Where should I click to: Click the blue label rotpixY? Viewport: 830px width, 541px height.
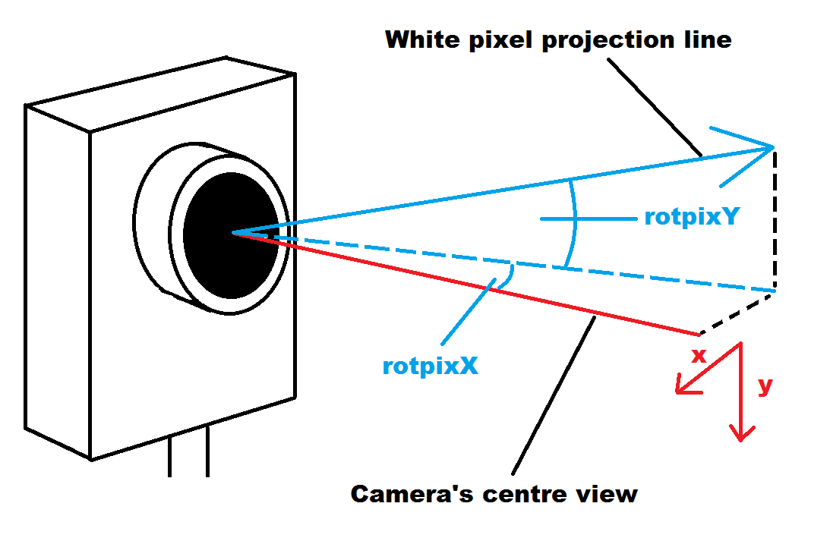pyautogui.click(x=691, y=217)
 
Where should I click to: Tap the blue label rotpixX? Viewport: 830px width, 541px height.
pyautogui.click(x=430, y=366)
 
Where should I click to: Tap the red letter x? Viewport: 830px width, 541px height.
pyautogui.click(x=699, y=355)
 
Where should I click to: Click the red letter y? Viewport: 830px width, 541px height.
pyautogui.click(x=765, y=385)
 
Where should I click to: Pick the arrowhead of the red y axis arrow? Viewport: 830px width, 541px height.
pyautogui.click(x=741, y=434)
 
